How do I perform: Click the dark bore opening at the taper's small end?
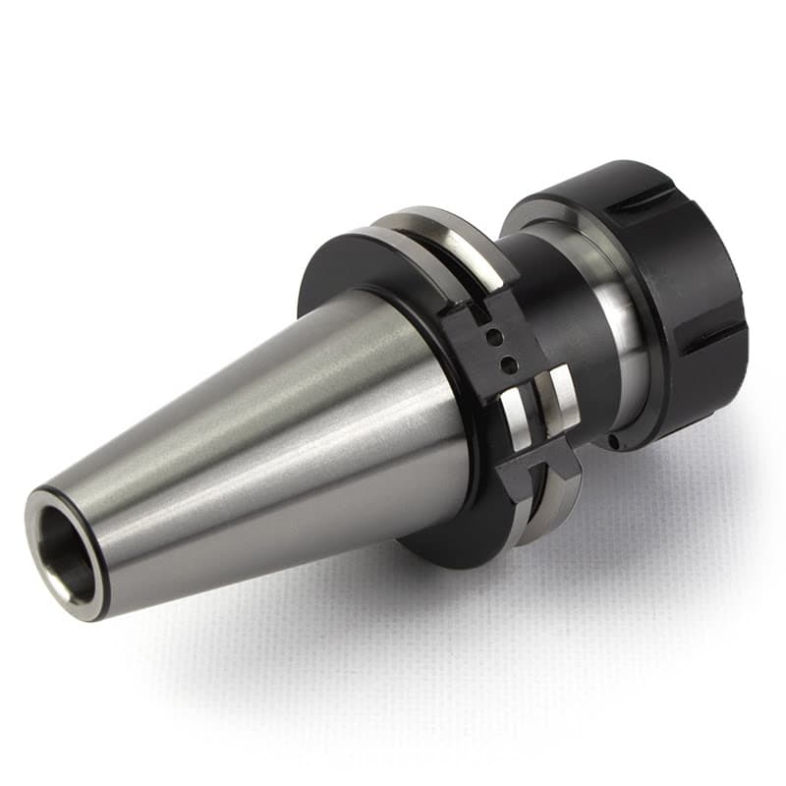pos(69,556)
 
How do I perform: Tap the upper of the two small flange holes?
pos(495,338)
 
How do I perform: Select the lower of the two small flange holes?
pos(508,365)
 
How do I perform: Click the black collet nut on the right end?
pos(678,295)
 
